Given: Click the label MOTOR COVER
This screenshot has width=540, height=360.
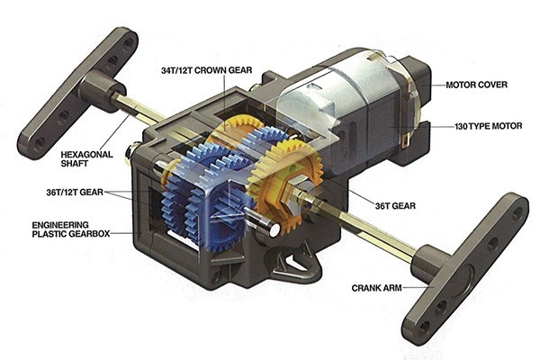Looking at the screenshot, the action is (476, 85).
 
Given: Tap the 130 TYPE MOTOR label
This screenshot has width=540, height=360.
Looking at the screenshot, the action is (488, 126).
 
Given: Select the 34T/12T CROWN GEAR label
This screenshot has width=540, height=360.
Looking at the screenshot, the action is (207, 70).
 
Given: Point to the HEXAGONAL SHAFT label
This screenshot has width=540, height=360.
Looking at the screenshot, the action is (86, 158).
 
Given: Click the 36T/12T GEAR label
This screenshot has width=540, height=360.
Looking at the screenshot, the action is (75, 192).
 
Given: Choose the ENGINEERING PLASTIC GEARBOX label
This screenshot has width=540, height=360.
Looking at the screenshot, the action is (71, 229).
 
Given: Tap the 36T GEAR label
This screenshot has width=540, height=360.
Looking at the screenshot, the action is (395, 206).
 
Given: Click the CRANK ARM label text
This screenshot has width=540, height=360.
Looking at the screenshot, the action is (377, 288).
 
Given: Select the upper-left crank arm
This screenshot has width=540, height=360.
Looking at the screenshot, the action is (77, 93).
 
